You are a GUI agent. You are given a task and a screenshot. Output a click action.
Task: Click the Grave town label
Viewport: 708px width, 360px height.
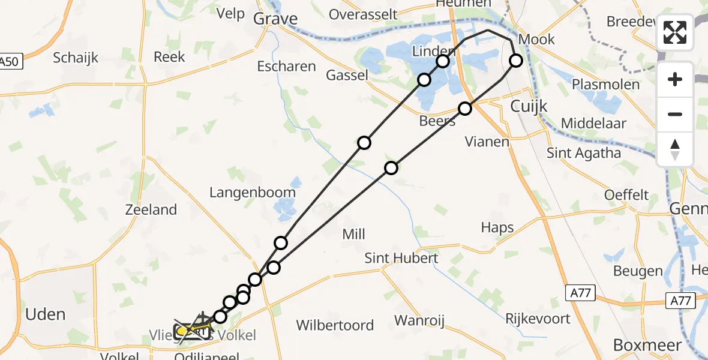tap(275, 19)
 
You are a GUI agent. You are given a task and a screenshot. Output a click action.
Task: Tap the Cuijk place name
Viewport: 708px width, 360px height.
tap(529, 106)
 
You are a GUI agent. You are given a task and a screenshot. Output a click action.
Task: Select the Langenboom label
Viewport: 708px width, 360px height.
tap(252, 193)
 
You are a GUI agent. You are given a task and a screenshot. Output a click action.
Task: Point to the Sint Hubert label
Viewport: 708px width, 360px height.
tap(402, 258)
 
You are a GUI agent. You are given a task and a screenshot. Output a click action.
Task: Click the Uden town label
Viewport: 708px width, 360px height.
tap(45, 314)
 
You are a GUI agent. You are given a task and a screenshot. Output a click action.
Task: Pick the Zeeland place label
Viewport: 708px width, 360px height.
tap(151, 210)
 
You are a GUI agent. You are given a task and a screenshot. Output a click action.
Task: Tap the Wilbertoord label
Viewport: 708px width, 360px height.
tap(335, 326)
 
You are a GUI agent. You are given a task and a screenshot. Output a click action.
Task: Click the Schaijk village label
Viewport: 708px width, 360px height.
tap(76, 58)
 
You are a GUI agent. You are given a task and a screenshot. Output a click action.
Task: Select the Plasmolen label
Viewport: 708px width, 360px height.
tap(606, 84)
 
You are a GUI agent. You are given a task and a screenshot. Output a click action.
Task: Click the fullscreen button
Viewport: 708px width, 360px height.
tap(675, 33)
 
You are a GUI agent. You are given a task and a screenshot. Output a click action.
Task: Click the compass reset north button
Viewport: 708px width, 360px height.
tap(675, 149)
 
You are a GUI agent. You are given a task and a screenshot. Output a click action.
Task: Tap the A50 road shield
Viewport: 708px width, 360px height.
tap(10, 61)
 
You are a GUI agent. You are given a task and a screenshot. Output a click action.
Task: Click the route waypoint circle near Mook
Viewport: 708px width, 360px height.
tap(516, 60)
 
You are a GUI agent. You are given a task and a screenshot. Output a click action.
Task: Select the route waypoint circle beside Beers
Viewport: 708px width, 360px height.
tap(465, 109)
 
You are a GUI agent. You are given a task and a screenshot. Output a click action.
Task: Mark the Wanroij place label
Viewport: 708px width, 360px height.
tap(419, 321)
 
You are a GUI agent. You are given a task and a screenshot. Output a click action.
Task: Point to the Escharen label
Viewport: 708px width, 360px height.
tap(286, 66)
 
